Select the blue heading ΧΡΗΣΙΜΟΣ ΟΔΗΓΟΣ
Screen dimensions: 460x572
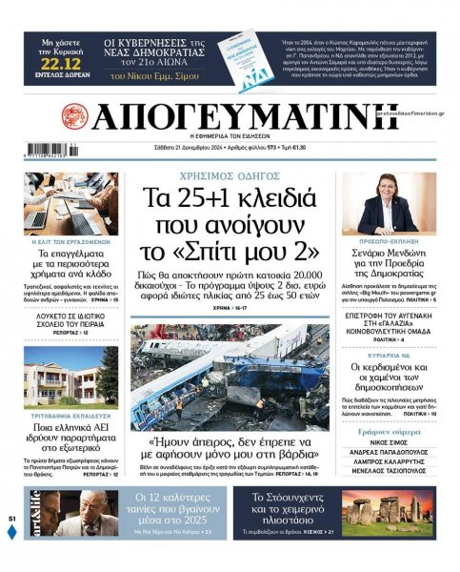[229, 177]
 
